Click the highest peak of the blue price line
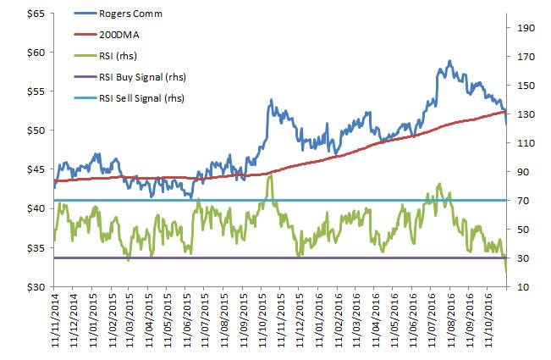pos(449,61)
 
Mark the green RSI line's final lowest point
pos(506,272)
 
